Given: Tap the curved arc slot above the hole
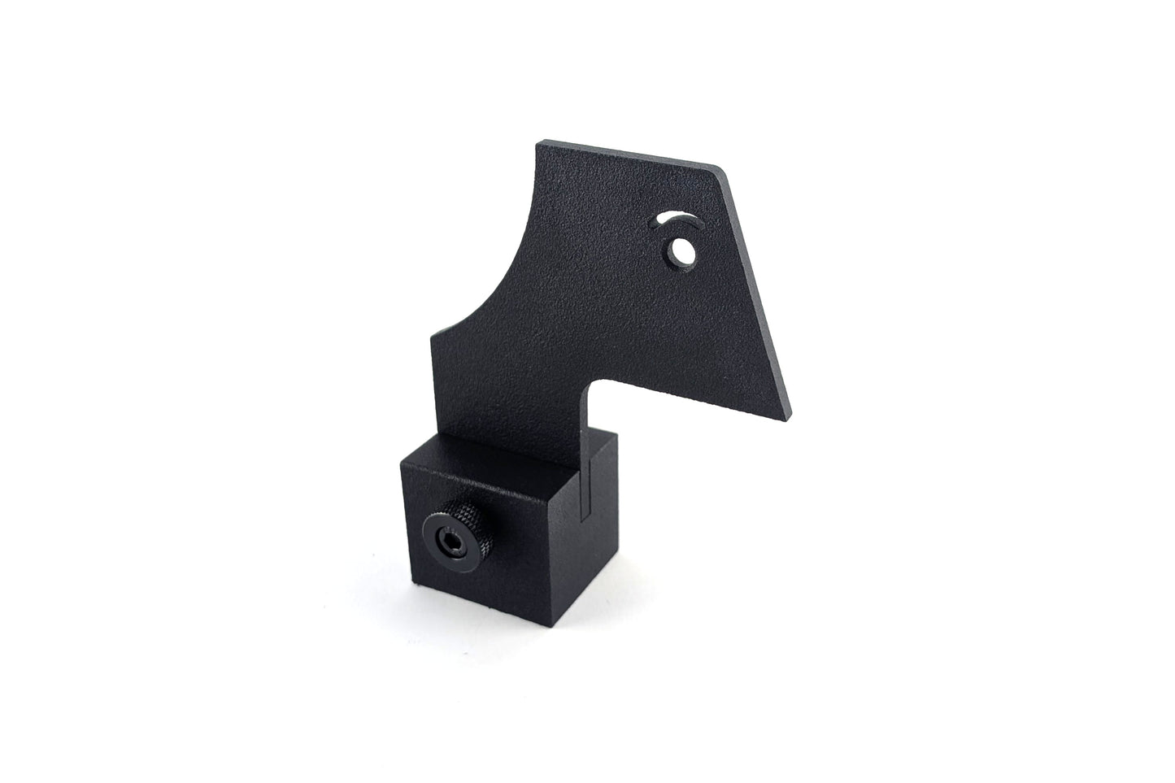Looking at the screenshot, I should [x=675, y=219].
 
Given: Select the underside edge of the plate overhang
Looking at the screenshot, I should [x=683, y=400].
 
